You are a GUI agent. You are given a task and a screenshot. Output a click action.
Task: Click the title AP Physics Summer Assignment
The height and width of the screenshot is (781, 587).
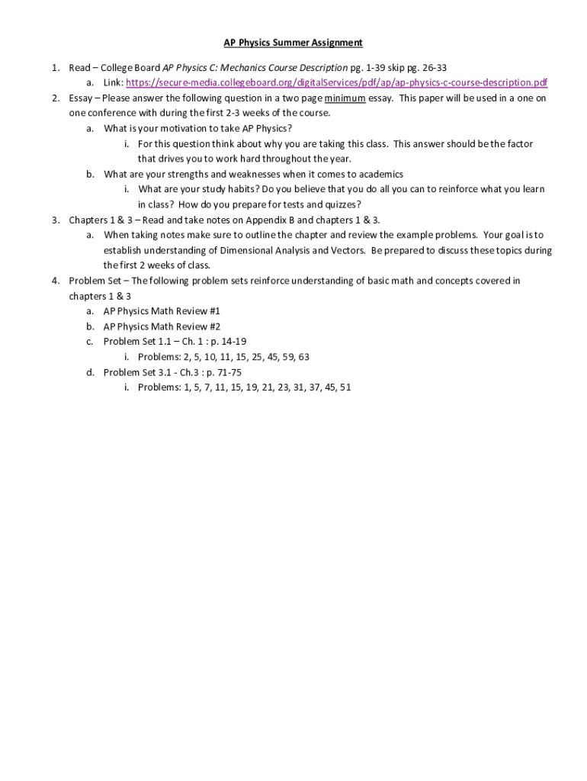[x=293, y=43]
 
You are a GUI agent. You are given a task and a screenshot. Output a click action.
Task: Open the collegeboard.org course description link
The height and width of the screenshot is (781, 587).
[x=336, y=83]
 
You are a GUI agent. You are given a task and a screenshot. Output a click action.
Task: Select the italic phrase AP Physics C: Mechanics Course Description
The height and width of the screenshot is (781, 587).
[x=255, y=68]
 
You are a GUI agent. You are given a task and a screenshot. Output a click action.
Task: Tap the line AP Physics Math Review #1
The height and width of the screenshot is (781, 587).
[x=162, y=311]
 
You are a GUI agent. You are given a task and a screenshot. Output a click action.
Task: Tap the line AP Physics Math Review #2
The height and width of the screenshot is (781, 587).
[x=162, y=326]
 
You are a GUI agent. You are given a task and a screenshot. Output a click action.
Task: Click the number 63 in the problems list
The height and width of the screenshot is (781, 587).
[x=303, y=357]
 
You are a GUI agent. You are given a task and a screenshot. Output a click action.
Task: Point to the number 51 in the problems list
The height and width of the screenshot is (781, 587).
[x=345, y=387]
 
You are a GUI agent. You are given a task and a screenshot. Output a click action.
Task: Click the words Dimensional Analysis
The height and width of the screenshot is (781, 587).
[x=258, y=250]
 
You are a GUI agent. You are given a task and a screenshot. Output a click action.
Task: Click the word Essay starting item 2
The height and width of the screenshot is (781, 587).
[x=81, y=98]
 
